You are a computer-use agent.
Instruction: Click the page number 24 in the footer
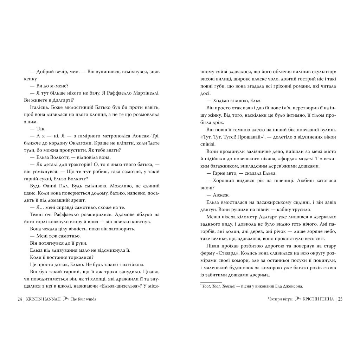point(20,299)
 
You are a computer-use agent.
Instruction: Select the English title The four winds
point(83,299)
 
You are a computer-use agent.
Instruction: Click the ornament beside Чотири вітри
point(298,299)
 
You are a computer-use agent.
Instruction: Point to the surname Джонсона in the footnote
point(290,287)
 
